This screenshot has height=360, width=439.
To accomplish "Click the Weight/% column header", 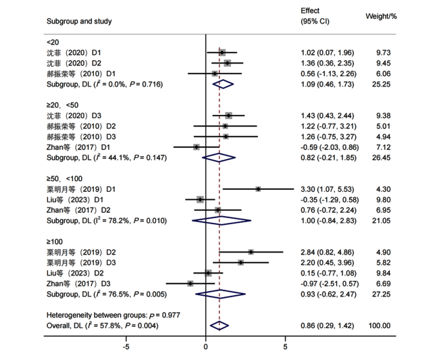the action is pyautogui.click(x=381, y=16).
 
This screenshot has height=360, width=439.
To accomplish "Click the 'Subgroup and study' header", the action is pyautogui.click(x=79, y=21).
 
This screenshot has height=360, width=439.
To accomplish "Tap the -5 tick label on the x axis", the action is pyautogui.click(x=126, y=347).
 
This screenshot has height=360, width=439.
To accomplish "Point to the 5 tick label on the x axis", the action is pyautogui.click(x=285, y=347).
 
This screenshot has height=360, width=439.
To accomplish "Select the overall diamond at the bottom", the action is pyautogui.click(x=219, y=326).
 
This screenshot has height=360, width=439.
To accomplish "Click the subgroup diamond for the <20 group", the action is pyautogui.click(x=223, y=84).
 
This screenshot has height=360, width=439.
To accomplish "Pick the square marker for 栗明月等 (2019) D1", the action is pyautogui.click(x=258, y=189).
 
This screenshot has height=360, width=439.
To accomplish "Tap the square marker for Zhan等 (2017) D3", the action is pyautogui.click(x=190, y=284).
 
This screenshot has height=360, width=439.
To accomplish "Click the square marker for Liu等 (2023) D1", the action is pyautogui.click(x=200, y=200).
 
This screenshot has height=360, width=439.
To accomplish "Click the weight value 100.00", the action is pyautogui.click(x=380, y=326).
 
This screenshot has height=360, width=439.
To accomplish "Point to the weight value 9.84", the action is pyautogui.click(x=384, y=274).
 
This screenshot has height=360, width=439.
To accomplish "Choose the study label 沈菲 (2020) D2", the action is pyautogui.click(x=74, y=63).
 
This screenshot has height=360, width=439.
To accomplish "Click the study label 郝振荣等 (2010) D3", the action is pyautogui.click(x=81, y=136).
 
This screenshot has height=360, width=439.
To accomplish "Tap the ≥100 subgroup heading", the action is pyautogui.click(x=55, y=242).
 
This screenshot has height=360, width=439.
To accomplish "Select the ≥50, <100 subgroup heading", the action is pyautogui.click(x=64, y=178).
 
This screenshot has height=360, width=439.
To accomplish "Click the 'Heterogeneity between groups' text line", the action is pyautogui.click(x=113, y=315).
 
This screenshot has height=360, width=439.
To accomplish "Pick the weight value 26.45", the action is pyautogui.click(x=382, y=157).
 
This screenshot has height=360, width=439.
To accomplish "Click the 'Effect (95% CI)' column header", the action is pyautogui.click(x=315, y=16).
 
